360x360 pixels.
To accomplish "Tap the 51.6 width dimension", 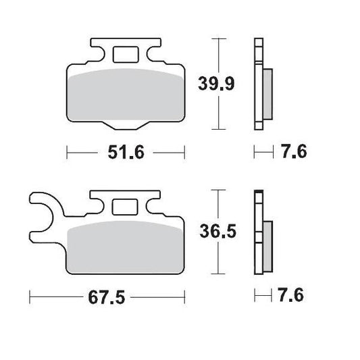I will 127,153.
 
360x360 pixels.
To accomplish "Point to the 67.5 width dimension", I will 108,296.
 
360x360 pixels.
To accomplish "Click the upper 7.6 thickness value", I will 292,153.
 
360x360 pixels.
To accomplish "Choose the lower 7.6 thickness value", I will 292,296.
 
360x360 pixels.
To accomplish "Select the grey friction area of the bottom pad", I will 127,247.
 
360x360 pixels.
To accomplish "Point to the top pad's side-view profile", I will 259,84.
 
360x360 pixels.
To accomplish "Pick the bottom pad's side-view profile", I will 259,233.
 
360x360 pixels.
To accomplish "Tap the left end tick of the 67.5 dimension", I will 30,296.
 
